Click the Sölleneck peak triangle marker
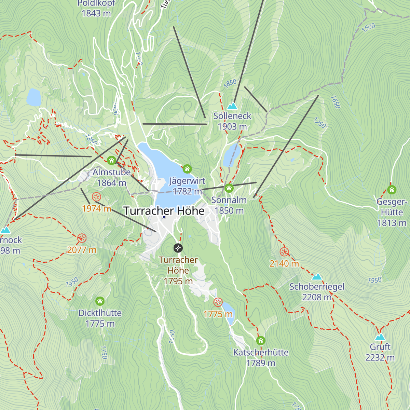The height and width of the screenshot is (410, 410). (232, 106)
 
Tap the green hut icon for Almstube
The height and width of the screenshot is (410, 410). (111, 160)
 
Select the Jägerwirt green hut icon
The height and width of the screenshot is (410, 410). (187, 169)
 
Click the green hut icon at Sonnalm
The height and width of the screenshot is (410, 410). (229, 188)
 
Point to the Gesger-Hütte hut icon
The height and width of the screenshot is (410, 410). (392, 190)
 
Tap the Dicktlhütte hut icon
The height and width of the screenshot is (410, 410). (100, 301)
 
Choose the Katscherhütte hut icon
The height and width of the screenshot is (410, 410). (261, 341)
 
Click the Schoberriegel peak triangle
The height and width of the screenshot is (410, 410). (317, 276)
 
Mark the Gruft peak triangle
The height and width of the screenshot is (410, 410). (380, 337)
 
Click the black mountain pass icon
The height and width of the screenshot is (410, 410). (178, 248)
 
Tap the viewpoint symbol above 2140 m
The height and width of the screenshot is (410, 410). (284, 252)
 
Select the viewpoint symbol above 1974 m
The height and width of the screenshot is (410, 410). (96, 197)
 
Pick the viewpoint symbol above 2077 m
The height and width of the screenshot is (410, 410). (81, 238)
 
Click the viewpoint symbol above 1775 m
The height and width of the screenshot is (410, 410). (218, 302)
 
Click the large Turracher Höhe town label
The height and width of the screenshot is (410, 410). (164, 211)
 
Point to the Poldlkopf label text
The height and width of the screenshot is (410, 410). (96, 3)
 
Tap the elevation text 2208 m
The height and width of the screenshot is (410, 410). (317, 297)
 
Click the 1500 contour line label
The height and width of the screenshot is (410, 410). (368, 27)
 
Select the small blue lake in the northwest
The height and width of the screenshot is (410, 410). (34, 97)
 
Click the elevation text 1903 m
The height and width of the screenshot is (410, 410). (232, 126)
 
